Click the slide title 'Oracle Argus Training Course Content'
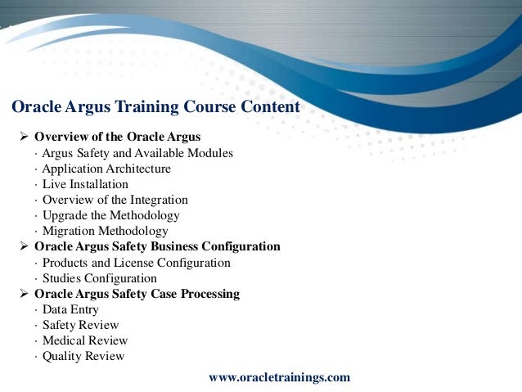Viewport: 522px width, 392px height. pos(156,107)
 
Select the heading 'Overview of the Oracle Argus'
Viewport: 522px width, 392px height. pos(117,136)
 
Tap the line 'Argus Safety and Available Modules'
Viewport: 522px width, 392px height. pos(137,152)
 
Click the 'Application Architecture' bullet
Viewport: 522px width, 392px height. pos(106,169)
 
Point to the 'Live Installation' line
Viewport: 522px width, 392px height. pos(85,184)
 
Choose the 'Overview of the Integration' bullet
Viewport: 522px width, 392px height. pos(115,200)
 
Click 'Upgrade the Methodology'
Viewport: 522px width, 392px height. pos(110,215)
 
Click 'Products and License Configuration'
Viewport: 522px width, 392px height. pos(136,263)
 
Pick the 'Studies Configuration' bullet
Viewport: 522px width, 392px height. pos(99,278)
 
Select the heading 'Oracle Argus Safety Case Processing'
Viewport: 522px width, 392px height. pos(137,294)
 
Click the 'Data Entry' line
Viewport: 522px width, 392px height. pos(70,309)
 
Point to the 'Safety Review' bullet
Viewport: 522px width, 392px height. pos(80,325)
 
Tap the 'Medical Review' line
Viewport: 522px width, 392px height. pos(85,340)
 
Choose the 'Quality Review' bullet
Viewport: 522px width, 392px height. pos(83,356)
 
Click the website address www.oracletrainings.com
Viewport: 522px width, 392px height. pos(280,377)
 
